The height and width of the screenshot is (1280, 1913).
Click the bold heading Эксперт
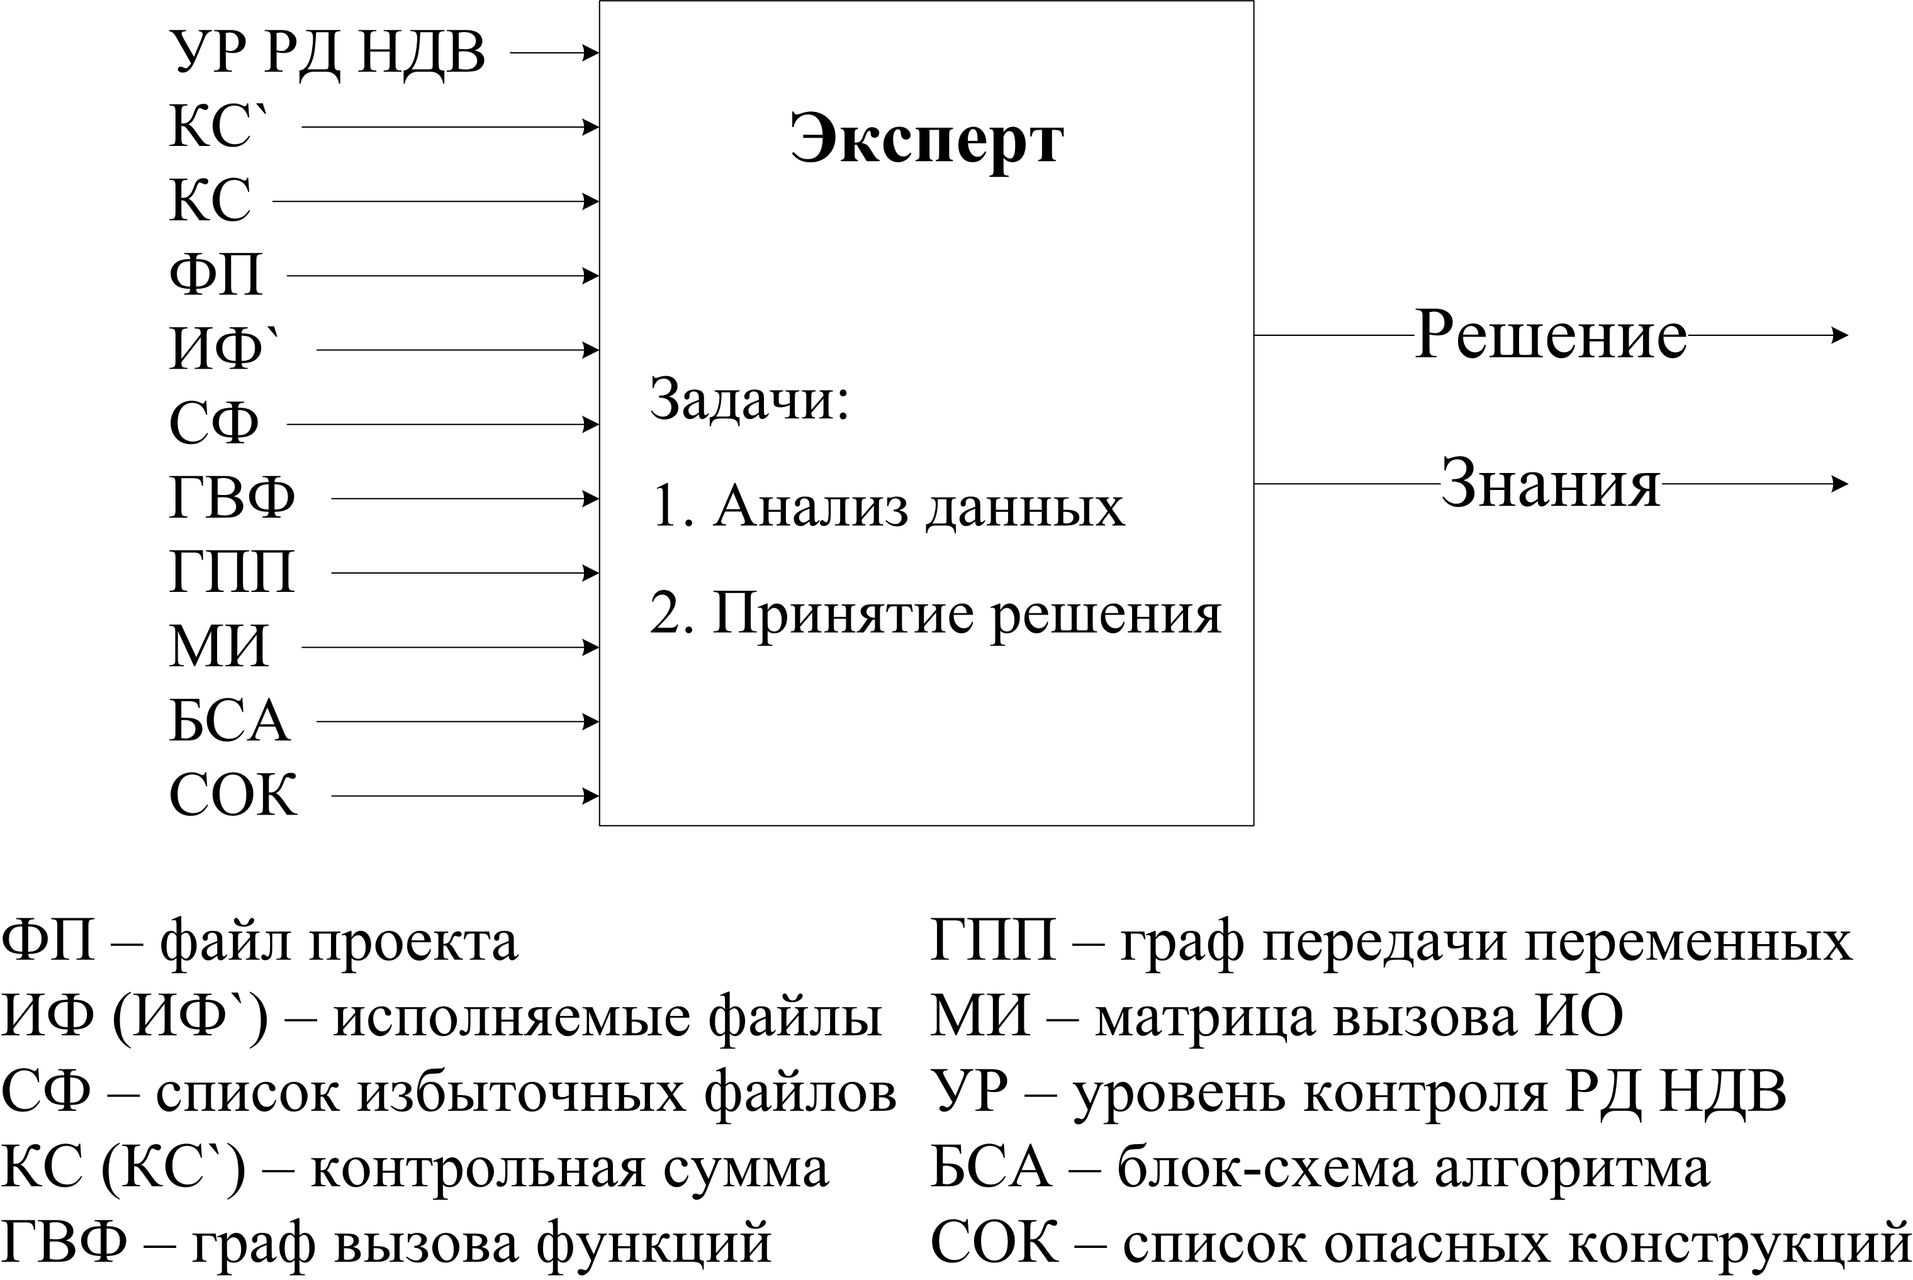(x=927, y=140)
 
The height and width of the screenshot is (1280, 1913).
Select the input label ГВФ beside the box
(x=232, y=498)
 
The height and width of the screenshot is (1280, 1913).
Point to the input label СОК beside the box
(x=233, y=795)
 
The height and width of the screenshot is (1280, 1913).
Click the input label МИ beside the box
(x=219, y=647)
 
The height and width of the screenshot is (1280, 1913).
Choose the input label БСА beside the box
(x=230, y=721)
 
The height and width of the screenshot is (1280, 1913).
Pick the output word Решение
(x=1551, y=335)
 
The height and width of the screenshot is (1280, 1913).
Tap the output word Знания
(x=1551, y=483)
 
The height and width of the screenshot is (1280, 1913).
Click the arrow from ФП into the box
(x=444, y=276)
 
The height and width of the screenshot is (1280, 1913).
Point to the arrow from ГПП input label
(x=466, y=573)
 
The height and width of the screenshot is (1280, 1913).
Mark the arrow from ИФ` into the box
(x=458, y=350)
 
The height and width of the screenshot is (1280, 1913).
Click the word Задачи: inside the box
(x=749, y=399)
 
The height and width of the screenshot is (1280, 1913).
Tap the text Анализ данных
(x=919, y=506)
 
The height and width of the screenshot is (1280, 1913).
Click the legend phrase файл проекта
(x=339, y=941)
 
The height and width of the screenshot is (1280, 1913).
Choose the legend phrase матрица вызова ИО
(x=1359, y=1017)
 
